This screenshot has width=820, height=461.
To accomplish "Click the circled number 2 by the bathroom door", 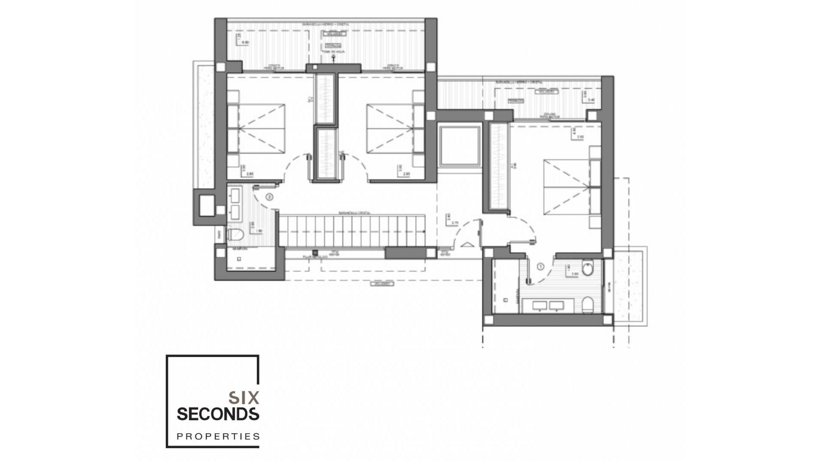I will click(269, 197).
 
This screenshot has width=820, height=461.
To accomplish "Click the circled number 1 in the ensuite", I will click(540, 267).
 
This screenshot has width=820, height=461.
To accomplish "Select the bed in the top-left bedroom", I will click(261, 128).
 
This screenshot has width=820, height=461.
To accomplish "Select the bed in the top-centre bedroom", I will click(389, 128).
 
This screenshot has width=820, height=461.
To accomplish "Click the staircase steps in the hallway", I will click(352, 231).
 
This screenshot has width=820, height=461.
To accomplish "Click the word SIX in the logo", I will click(243, 398).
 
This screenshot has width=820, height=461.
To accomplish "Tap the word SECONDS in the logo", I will click(218, 414).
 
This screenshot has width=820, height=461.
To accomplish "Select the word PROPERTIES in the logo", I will click(218, 436).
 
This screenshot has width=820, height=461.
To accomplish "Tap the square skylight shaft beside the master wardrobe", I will click(460, 146).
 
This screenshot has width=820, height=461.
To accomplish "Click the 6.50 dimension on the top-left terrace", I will click(245, 43).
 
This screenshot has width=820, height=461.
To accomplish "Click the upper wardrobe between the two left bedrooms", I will click(326, 98).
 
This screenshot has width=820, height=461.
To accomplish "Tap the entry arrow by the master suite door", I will click(468, 245).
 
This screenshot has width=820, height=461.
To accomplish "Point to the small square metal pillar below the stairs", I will click(315, 253).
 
